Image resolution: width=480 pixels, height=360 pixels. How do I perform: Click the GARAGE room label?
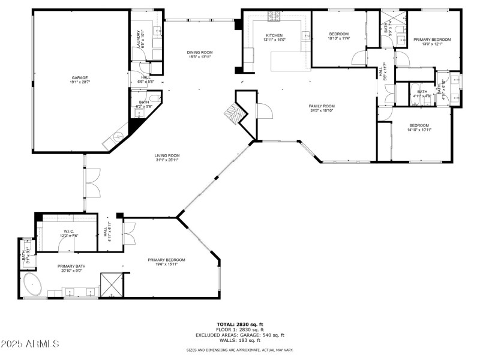(80, 77)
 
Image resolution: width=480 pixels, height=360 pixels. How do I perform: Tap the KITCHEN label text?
(274, 35)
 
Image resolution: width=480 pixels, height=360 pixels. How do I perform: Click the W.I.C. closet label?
(68, 232)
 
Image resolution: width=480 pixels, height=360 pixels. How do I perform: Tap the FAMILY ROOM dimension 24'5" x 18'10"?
(322, 110)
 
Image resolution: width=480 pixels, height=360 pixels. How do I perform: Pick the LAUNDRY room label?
(138, 40)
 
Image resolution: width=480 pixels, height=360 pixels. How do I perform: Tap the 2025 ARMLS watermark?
(30, 344)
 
